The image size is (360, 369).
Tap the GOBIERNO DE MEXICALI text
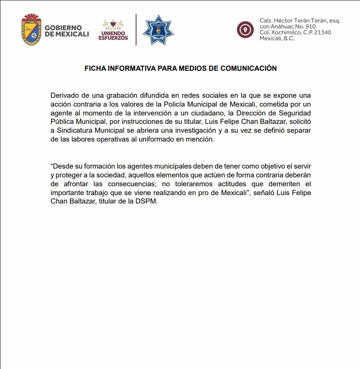67,31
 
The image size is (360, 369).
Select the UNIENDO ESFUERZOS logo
113,30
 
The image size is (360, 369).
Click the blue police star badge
158,30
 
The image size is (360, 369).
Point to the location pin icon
245,29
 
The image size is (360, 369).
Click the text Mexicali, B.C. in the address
277,38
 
